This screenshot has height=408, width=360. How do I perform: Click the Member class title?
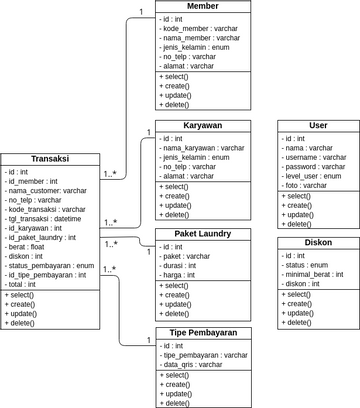coord(203,6)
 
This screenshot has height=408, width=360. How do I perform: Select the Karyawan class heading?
coord(203,125)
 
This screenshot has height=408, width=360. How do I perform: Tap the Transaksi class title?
coord(50,160)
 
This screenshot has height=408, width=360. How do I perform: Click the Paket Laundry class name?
coord(203,234)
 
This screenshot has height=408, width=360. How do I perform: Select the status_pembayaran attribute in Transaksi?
coord(50,266)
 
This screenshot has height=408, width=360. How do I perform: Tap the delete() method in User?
coord(299,224)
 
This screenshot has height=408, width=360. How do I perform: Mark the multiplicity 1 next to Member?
coord(141,12)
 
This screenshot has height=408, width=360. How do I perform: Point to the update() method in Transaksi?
coord(22,314)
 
